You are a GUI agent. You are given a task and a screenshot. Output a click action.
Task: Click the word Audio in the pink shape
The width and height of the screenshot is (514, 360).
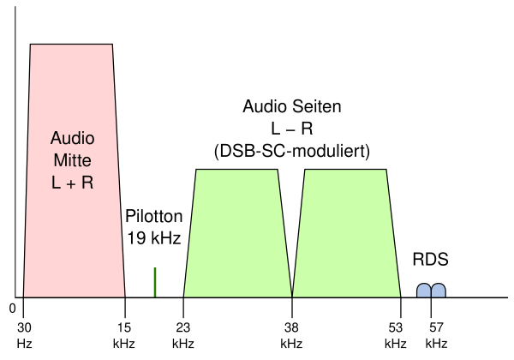(73, 138)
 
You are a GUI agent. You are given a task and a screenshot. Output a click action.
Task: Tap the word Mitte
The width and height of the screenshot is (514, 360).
(73, 160)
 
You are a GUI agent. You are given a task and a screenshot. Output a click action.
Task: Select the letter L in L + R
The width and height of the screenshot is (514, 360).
(56, 183)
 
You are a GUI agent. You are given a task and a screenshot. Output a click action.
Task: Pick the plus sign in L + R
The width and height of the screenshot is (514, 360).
(72, 183)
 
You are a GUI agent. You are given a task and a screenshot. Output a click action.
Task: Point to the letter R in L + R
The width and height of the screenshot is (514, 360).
(87, 183)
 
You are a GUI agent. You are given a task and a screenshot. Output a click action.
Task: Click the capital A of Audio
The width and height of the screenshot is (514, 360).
(57, 138)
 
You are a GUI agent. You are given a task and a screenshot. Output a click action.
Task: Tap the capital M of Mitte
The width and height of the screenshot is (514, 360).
(59, 160)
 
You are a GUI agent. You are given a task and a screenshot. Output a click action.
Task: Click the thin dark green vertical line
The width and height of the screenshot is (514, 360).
(155, 282)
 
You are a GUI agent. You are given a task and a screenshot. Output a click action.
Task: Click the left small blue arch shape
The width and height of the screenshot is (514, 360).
(423, 291)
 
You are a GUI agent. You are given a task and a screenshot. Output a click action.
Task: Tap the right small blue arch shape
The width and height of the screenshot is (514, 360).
(438, 291)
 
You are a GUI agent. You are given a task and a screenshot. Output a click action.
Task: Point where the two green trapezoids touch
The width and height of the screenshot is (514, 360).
(292, 296)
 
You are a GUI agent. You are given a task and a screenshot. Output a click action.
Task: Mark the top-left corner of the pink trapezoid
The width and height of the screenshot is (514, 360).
(32, 45)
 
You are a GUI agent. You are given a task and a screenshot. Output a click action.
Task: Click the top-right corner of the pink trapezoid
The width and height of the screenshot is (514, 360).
(111, 45)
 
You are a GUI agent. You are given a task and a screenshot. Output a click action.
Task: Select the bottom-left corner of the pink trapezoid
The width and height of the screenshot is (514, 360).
(24, 297)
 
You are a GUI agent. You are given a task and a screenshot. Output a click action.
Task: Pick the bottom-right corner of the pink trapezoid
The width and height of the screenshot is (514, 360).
(124, 297)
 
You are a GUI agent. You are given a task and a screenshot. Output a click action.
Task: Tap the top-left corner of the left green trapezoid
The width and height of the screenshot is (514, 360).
(197, 171)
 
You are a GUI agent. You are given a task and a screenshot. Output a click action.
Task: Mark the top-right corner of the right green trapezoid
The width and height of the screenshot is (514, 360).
(385, 171)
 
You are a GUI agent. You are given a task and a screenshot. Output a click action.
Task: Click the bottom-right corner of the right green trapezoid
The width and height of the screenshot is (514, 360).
(400, 297)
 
